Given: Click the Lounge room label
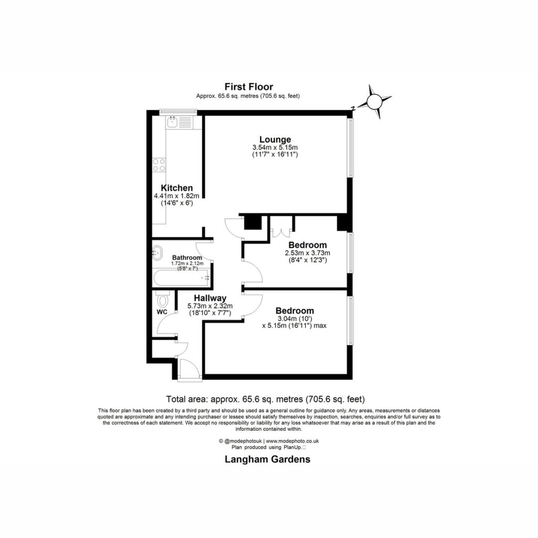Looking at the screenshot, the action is click(x=275, y=140).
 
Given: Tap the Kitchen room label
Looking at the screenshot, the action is click(x=177, y=188).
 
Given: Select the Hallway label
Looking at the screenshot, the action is click(x=210, y=298).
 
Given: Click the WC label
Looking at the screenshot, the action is click(x=162, y=312).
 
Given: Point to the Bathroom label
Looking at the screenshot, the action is click(x=187, y=257).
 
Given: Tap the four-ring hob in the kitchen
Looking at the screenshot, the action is click(x=159, y=164).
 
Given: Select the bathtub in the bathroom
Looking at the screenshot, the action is click(x=182, y=278).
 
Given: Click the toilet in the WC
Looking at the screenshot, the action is click(x=163, y=299).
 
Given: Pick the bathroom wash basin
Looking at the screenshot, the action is click(x=157, y=253).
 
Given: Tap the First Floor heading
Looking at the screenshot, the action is click(x=249, y=87).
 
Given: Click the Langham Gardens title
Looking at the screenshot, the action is click(x=267, y=459).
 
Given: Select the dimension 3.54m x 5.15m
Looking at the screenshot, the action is click(x=275, y=148).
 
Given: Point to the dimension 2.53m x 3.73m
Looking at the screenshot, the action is click(x=307, y=253).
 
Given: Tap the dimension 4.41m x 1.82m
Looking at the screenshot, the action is click(x=177, y=196).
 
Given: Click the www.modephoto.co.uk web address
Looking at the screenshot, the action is click(x=293, y=441).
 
